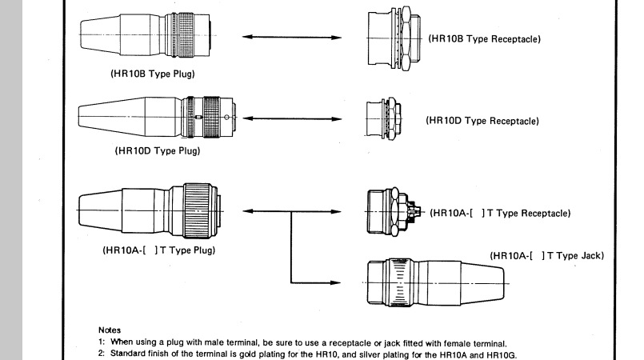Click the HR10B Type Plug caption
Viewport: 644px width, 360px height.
point(152,74)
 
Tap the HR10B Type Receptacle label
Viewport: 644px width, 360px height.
point(485,39)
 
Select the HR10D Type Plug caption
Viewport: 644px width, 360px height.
point(158,150)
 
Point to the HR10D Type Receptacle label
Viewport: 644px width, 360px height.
point(482,121)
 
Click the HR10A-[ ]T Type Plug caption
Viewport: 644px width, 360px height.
point(159,250)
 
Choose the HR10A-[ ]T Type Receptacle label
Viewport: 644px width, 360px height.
point(500,213)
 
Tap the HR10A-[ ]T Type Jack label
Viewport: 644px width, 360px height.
point(547,256)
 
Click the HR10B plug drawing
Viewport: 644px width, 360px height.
point(146,35)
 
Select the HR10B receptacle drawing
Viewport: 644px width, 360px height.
point(394,38)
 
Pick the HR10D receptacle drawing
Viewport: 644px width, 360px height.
point(384,119)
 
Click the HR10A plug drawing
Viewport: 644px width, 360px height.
point(150,210)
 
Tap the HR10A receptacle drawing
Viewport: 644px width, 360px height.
point(394,212)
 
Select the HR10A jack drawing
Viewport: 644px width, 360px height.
point(436,283)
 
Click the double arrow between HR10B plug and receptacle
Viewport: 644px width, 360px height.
point(292,37)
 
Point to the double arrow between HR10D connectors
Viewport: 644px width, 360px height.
point(292,118)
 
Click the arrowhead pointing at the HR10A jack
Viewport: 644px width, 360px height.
point(335,282)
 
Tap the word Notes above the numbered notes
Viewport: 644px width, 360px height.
point(110,330)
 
